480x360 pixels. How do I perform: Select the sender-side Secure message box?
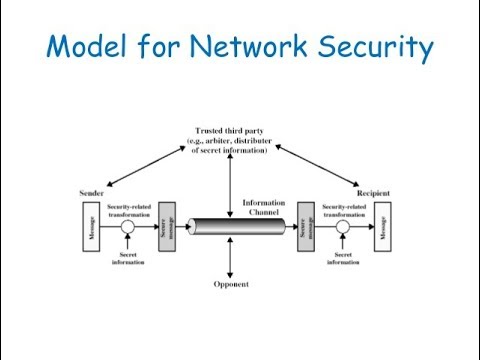(166, 225)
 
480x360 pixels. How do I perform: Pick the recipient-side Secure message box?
(305, 225)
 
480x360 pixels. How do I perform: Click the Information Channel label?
(264, 206)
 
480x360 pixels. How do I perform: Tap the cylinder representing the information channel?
(236, 226)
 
